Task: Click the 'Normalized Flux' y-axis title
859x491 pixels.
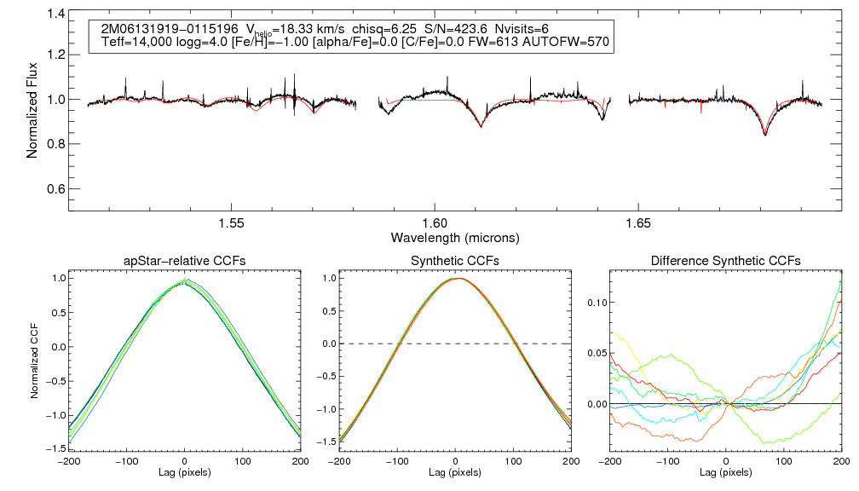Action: [x=32, y=107]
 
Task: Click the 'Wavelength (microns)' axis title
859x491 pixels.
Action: [x=454, y=237]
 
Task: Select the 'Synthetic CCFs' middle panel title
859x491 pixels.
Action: [x=454, y=260]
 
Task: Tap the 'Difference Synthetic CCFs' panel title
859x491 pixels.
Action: [x=724, y=260]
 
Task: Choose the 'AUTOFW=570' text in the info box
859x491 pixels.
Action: [x=568, y=42]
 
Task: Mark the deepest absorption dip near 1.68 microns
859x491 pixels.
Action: [x=764, y=135]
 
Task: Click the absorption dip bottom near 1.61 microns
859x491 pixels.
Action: [x=481, y=126]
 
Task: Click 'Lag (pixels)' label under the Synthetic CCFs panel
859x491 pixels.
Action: [x=454, y=472]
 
